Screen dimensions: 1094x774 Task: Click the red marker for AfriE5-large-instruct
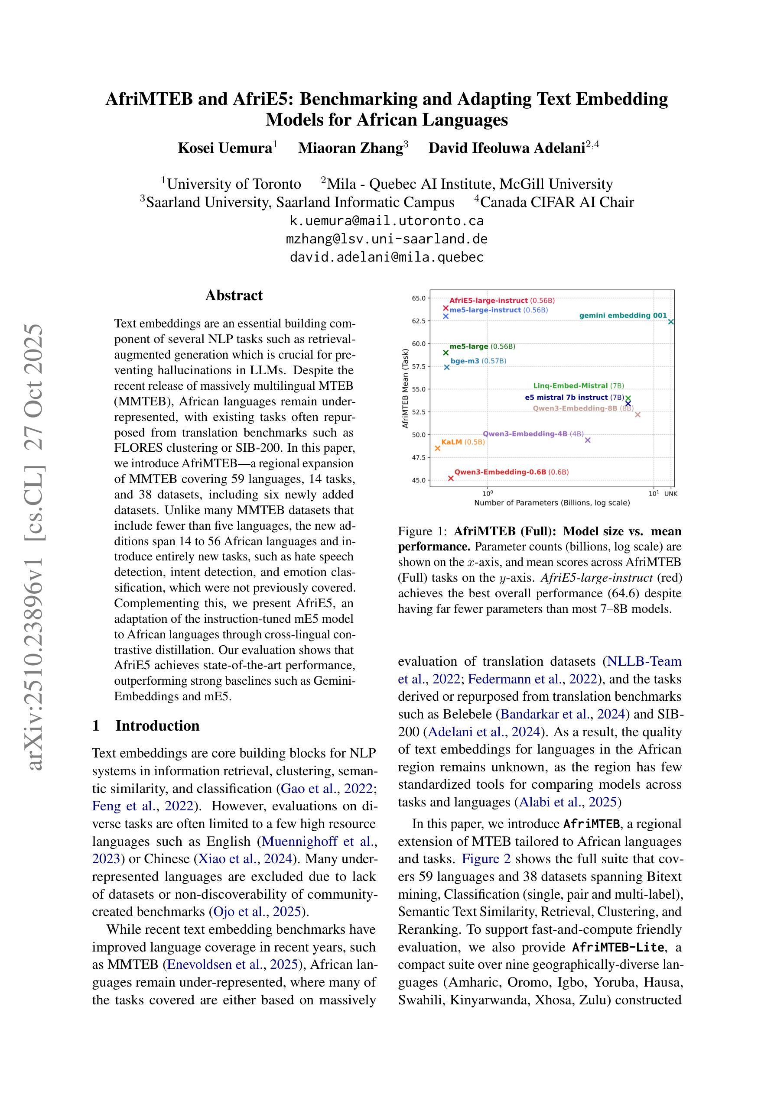[446, 308]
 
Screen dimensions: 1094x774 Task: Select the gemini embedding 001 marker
[671, 322]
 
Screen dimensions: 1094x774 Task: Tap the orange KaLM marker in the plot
[437, 448]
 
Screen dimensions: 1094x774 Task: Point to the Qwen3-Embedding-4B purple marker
[588, 440]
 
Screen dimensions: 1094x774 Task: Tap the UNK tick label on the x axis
[670, 494]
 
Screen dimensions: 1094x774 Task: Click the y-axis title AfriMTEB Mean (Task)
[405, 388]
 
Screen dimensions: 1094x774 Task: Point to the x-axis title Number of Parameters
[552, 503]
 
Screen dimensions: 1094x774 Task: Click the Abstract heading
[234, 295]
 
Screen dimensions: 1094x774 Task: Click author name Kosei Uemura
[224, 148]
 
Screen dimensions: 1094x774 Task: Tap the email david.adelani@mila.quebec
[387, 257]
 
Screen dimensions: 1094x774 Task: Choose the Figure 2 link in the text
[486, 859]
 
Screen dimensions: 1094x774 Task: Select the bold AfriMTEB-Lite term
[618, 947]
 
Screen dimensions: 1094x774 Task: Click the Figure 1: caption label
[422, 531]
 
